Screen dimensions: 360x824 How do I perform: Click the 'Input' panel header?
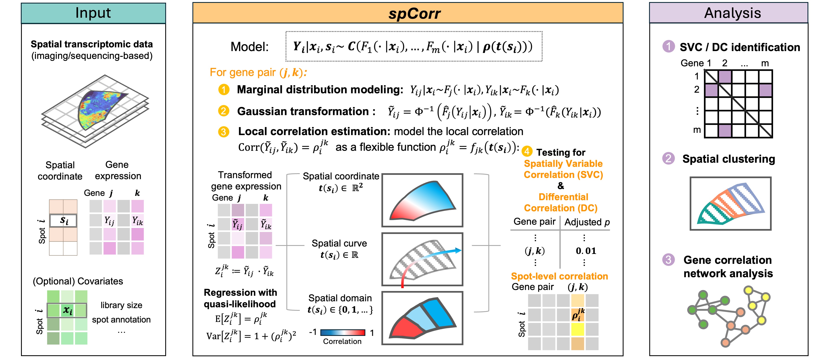point(93,13)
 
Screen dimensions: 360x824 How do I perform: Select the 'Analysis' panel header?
point(733,13)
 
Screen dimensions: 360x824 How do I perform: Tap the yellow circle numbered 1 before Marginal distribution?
point(224,90)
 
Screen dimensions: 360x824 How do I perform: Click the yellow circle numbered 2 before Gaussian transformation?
point(224,111)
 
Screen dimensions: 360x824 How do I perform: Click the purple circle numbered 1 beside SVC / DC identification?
point(668,46)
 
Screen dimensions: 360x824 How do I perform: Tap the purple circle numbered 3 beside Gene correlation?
point(668,260)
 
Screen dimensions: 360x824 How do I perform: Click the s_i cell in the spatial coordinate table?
point(63,221)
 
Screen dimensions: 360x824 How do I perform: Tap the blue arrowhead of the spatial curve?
point(458,250)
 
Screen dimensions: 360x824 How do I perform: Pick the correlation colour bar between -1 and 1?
point(343,332)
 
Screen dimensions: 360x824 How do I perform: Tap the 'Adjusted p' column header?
point(587,222)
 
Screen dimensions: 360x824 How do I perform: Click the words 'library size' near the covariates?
point(121,305)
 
